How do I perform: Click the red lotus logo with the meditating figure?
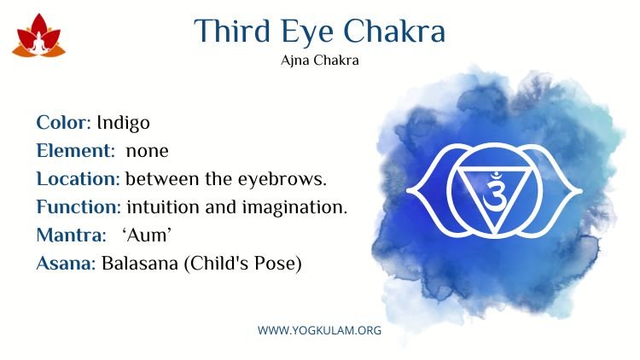[x=38, y=36]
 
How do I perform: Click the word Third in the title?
[x=232, y=31]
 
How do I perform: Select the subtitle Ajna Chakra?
[x=320, y=61]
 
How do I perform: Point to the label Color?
[x=64, y=122]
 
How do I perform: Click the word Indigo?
[x=123, y=123]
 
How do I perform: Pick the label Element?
[x=76, y=150]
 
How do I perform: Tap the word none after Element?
[x=148, y=152]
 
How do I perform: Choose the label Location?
[x=78, y=179]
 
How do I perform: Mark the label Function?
[x=79, y=206]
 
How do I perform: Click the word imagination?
[x=294, y=208]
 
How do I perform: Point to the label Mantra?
[x=72, y=235]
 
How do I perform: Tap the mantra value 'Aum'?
[x=147, y=235]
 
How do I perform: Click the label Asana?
[x=66, y=264]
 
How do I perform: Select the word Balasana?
[x=140, y=264]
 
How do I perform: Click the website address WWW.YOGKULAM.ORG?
[x=320, y=330]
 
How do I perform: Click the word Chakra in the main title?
[x=394, y=31]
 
